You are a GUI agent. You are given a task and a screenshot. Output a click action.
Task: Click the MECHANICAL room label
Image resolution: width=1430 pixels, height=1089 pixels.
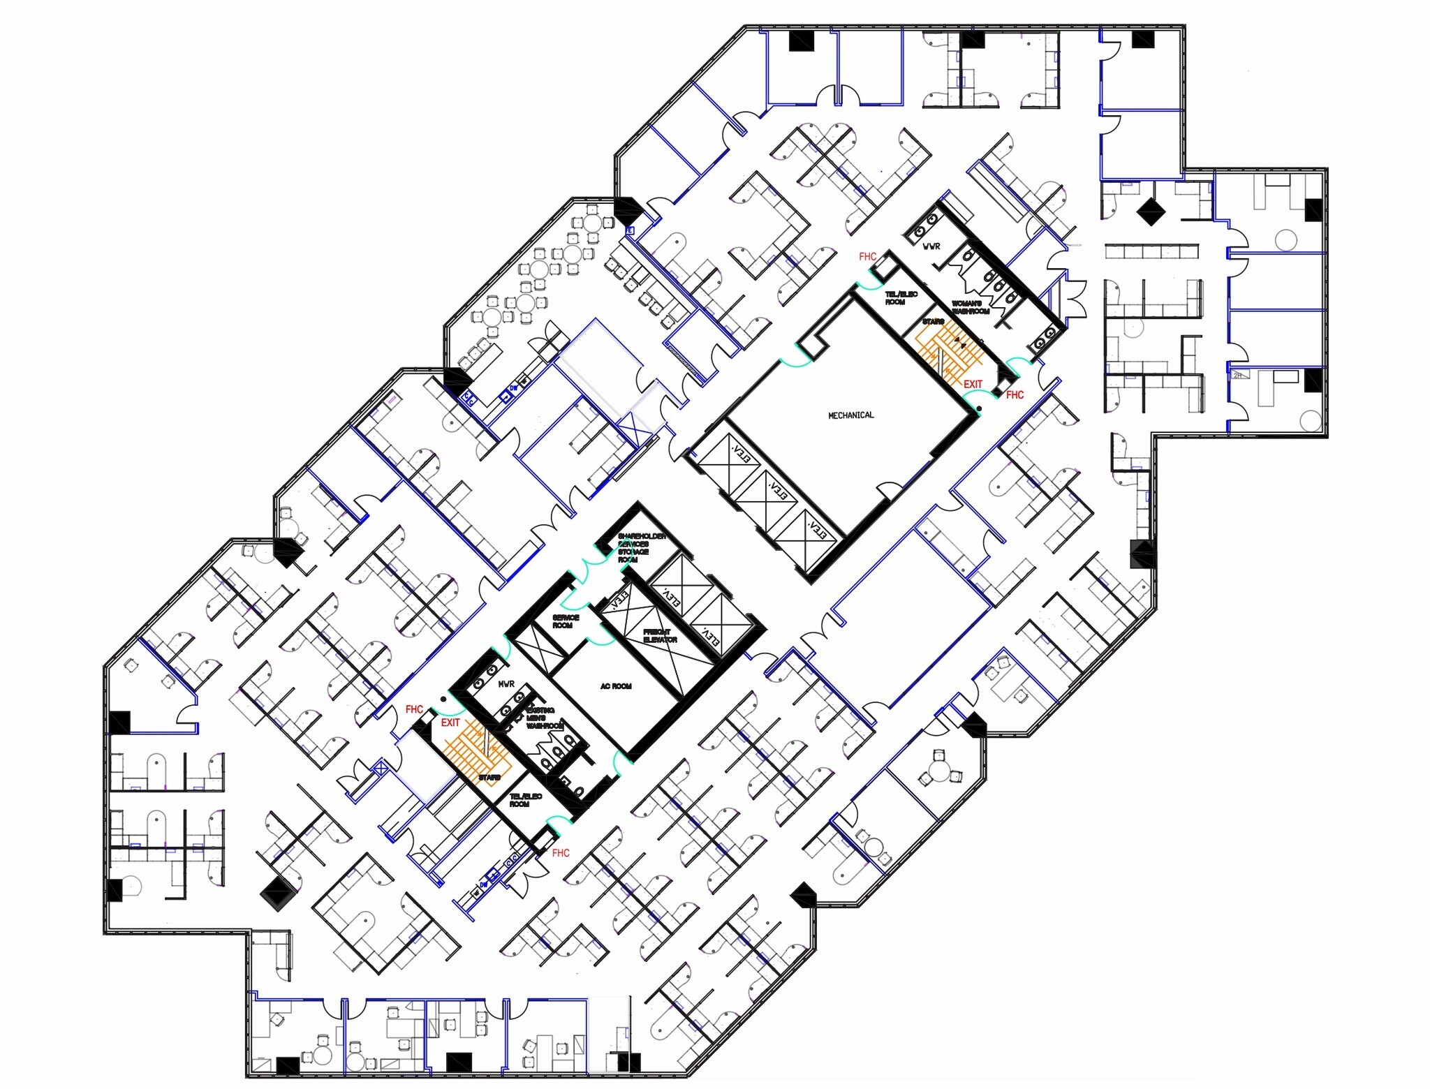pos(850,415)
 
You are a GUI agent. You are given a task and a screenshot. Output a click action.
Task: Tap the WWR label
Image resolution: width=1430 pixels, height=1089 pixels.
pos(931,246)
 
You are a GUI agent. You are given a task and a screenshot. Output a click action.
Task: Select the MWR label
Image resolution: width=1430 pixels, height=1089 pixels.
pos(506,684)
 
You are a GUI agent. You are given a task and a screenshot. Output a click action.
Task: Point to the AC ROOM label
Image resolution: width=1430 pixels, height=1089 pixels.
pos(616,686)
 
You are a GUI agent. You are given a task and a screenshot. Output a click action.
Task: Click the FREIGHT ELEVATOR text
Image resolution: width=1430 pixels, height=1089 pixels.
pos(660,636)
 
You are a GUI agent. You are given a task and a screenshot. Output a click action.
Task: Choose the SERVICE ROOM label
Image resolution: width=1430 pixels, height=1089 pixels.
pos(566,621)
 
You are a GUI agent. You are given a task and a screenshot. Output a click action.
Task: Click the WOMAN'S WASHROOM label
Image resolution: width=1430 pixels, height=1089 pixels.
pos(971,307)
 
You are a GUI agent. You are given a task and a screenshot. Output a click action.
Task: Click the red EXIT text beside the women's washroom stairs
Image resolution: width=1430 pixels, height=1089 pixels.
pos(973,384)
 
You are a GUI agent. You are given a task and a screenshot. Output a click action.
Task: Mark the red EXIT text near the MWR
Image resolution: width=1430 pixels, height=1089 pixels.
pos(450,723)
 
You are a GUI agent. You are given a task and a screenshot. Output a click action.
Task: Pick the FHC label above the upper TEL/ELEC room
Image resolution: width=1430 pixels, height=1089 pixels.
pos(867,256)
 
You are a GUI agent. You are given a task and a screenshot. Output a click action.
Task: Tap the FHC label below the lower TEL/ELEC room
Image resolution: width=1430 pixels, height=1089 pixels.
pos(561,853)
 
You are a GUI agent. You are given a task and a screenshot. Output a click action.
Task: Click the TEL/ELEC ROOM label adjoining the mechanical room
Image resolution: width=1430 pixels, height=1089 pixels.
pos(901,298)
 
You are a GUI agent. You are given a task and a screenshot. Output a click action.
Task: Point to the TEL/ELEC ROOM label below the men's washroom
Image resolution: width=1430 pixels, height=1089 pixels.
pos(525,800)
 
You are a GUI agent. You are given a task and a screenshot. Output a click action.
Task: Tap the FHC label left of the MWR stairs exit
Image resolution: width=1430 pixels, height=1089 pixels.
pos(414,709)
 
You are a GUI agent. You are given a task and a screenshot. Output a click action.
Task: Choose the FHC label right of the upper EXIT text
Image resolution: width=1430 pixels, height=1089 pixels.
pos(1015,395)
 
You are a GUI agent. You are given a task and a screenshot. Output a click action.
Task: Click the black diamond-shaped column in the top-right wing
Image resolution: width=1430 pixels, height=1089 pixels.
pos(1149,211)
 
